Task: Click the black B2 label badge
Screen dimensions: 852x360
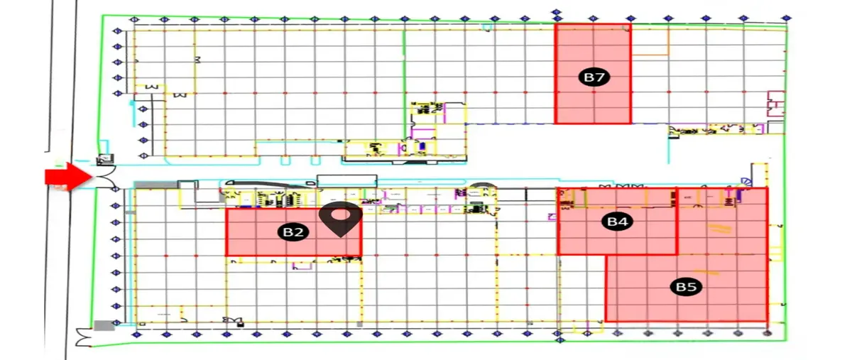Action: tap(293, 232)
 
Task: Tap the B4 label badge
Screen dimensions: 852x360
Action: tap(617, 221)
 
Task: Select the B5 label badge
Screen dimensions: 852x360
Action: tap(686, 287)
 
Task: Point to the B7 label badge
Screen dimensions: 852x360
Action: tap(594, 77)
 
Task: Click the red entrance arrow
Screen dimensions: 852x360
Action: tap(68, 177)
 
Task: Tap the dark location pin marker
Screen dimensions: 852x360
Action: tap(340, 219)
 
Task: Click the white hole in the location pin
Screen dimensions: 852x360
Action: tap(340, 214)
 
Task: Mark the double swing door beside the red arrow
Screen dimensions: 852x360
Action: tap(104, 177)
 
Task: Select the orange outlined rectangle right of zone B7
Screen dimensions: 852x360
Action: tap(650, 41)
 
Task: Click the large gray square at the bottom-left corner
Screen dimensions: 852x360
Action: tap(104, 326)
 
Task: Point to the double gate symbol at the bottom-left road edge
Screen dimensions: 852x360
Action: tap(84, 337)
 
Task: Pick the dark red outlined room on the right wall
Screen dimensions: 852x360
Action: tap(776, 104)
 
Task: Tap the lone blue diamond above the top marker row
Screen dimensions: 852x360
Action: tap(557, 12)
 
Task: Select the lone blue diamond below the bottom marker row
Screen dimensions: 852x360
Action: tap(559, 340)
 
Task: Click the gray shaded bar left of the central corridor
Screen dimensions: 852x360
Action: tap(156, 185)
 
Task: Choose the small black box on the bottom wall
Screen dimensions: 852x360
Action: tap(241, 324)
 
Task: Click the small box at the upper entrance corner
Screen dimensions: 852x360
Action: tap(105, 158)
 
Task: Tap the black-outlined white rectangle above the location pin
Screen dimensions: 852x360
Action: tap(347, 181)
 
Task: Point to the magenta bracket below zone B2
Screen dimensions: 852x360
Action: tap(302, 266)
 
